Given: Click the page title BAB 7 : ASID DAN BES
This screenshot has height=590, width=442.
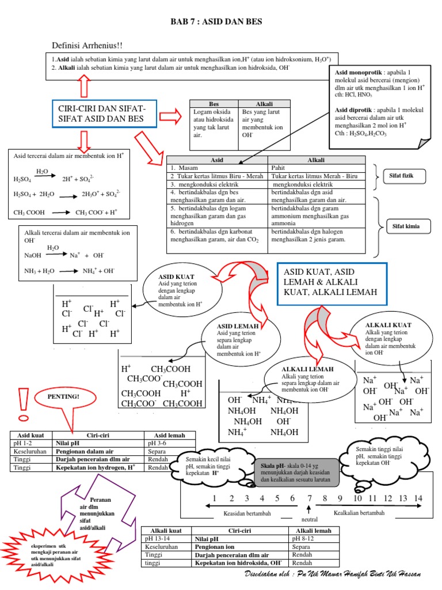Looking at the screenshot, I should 216,21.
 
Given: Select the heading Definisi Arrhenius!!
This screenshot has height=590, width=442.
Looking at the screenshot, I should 87,46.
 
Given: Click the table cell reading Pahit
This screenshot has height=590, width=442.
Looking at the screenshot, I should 280,168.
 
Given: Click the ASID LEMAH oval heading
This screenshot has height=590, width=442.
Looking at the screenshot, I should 238,326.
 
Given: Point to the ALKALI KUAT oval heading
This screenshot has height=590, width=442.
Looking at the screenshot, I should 388,325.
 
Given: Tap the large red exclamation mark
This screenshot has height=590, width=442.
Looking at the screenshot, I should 24,406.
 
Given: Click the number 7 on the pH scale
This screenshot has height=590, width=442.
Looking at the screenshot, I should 309,498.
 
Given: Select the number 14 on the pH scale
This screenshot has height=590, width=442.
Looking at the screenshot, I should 418,498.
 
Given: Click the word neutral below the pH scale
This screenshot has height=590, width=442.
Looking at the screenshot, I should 309,519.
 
